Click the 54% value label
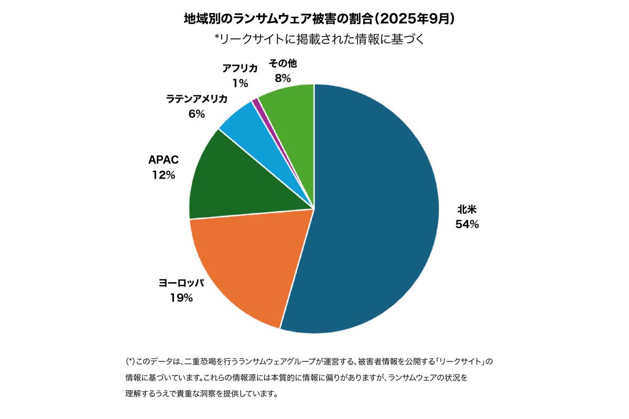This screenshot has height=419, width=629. pos(468,225)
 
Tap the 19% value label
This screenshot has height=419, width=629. pos(181,298)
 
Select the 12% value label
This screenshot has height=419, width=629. pos(164,175)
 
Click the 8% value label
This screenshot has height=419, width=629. pos(283,79)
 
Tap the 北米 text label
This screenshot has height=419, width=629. pos(468,210)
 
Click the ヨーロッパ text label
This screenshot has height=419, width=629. pos(181,283)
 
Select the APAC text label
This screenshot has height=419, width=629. pos(164,160)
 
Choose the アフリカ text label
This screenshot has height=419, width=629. pos(240,68)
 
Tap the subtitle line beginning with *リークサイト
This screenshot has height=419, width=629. pos(314,39)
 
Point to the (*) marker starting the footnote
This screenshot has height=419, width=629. pos(131,361)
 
